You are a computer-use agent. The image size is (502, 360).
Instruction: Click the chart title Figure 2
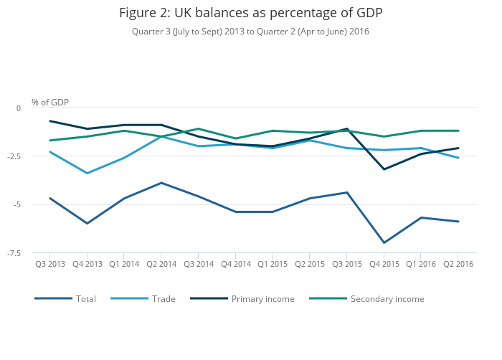coord(251,14)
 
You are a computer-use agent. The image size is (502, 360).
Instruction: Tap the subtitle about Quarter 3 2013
coord(251,32)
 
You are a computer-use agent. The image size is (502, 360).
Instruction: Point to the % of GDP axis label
coord(50,103)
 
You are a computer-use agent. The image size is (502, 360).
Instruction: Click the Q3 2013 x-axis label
coord(50,264)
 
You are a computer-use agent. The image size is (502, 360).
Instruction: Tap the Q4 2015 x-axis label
coord(384,264)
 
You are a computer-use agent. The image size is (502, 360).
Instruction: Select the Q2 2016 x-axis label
coord(458,264)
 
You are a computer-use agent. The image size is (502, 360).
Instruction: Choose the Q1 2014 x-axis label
coord(124,264)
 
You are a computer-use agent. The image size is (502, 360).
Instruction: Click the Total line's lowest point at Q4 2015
coord(384,242)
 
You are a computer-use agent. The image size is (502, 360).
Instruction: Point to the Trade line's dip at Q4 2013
coord(87,173)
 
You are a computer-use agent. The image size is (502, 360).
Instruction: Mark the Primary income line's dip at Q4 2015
coord(384,169)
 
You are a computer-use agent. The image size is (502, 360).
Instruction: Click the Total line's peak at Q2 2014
coord(161,183)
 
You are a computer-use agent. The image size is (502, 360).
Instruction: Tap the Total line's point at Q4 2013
coord(87,223)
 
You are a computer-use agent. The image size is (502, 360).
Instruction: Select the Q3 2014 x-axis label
coord(199,264)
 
